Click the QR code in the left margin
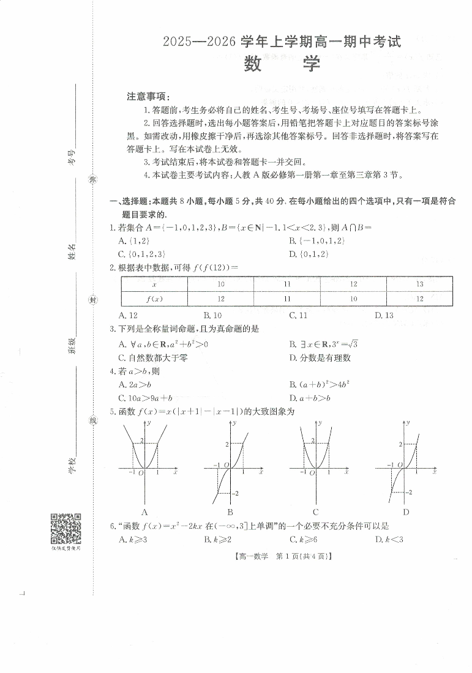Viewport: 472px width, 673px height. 65,528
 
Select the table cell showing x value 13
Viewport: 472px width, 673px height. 419,284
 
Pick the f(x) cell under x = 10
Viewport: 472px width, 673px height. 220,299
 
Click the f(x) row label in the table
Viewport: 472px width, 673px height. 154,299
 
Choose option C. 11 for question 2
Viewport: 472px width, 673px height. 298,316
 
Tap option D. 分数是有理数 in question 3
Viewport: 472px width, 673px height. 320,358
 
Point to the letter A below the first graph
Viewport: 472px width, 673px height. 145,512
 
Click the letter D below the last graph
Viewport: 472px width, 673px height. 405,512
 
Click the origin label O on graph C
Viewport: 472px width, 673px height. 311,472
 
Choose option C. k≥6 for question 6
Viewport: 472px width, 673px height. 303,539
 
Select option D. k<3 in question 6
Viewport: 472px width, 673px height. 389,539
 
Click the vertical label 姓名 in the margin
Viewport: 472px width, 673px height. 72,251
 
